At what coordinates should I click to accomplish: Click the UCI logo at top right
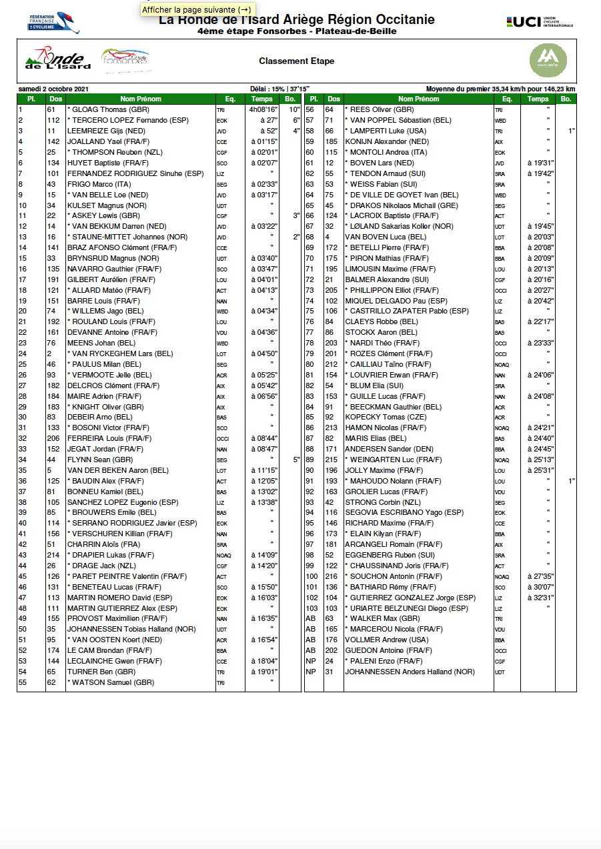point(540,22)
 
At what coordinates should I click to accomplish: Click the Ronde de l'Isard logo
point(57,60)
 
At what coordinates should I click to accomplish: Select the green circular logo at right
point(548,60)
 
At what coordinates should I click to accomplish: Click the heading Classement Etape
point(296,61)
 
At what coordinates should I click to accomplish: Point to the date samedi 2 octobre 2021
point(53,89)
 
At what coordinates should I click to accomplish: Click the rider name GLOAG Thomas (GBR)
point(109,109)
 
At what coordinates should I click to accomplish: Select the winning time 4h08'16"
point(263,109)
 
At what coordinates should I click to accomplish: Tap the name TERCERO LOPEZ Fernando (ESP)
point(127,120)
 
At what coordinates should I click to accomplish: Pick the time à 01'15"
point(265,141)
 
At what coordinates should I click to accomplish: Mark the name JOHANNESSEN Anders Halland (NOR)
point(410,672)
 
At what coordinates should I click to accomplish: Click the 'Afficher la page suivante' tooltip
point(197,9)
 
